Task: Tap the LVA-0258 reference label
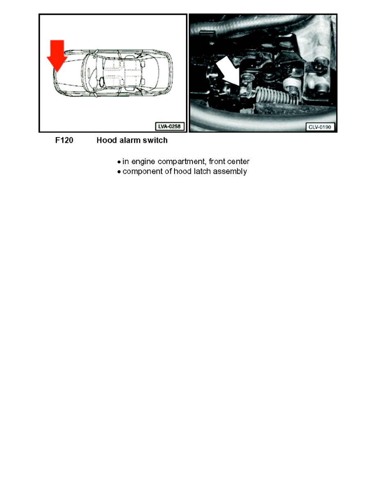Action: pos(170,126)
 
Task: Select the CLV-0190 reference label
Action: pos(320,127)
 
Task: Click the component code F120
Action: pos(64,140)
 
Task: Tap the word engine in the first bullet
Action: pos(143,162)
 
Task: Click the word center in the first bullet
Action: pos(238,162)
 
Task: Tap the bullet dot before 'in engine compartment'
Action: pos(119,162)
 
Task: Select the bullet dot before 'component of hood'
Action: pos(119,172)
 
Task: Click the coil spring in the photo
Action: pos(276,95)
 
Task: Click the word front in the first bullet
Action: pos(217,162)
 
